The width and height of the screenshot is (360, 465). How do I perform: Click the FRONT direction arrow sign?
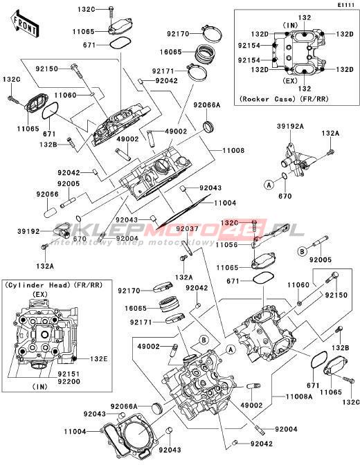[x=25, y=25]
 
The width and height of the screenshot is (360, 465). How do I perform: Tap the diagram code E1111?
[x=347, y=6]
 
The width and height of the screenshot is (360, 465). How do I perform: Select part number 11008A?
[x=299, y=396]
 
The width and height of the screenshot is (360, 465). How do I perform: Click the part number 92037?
[x=188, y=228]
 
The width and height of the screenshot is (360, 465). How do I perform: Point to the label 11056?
[x=227, y=245]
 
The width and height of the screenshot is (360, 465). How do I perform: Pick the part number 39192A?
[x=291, y=127]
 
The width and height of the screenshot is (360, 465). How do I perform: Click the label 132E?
[x=99, y=359]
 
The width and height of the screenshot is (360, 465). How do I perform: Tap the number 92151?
[x=69, y=374]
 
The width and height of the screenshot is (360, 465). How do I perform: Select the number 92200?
[x=69, y=382]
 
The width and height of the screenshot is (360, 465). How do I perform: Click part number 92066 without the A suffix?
[x=48, y=194]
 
